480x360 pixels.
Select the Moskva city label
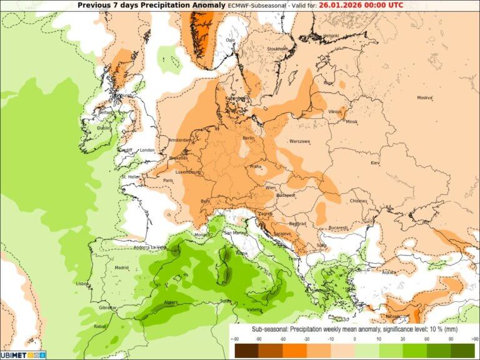tap(424, 97)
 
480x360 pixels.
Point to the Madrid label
tap(121, 267)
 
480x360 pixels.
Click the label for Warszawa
tap(300, 141)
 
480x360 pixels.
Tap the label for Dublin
tap(104, 128)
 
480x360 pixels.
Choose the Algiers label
tap(171, 302)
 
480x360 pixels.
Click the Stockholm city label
tap(277, 48)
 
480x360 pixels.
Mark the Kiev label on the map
tap(375, 162)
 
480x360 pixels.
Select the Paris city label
tap(167, 181)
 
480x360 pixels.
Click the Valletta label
tap(254, 310)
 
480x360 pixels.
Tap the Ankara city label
tap(389, 272)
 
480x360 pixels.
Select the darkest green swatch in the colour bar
tap(464, 350)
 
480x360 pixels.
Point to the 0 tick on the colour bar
tap(354, 340)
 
